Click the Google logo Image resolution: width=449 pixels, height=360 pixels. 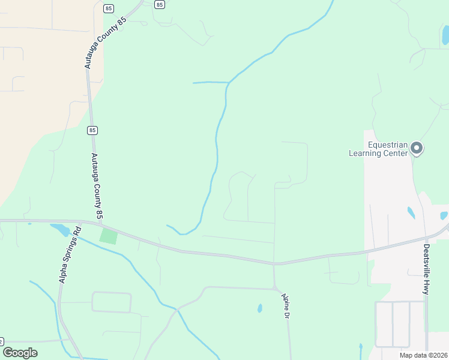click(20, 353)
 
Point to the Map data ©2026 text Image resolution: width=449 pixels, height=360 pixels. click(423, 355)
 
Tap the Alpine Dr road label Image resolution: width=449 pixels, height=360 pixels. click(286, 306)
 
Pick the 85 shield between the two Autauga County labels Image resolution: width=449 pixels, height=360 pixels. click(92, 130)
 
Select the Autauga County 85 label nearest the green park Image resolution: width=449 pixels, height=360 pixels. click(98, 186)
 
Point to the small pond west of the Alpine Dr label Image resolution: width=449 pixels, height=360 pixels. click(260, 308)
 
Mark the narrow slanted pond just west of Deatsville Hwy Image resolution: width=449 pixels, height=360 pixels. click(411, 212)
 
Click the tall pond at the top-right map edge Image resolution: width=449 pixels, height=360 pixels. click(445, 35)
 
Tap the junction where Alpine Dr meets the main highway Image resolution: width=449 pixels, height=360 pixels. click(274, 263)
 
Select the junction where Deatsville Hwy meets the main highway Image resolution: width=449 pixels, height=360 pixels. click(427, 238)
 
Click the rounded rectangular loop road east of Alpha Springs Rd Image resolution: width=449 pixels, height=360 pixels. click(111, 302)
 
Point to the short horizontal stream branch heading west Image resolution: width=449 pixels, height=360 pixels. click(210, 82)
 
